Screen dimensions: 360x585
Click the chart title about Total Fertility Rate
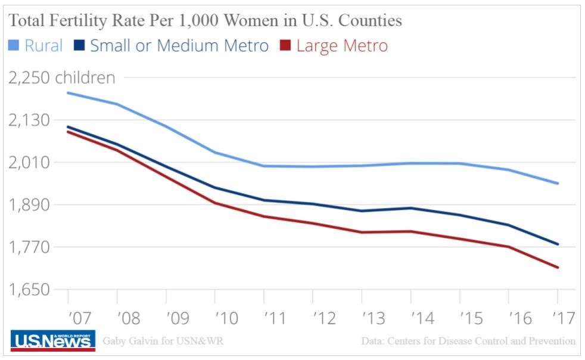(204, 21)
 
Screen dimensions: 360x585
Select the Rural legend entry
(35, 45)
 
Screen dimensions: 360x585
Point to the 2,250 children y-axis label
(61, 78)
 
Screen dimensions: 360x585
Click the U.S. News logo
(53, 341)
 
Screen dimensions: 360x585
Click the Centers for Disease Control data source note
(468, 342)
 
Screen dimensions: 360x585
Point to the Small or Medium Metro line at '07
(68, 126)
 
